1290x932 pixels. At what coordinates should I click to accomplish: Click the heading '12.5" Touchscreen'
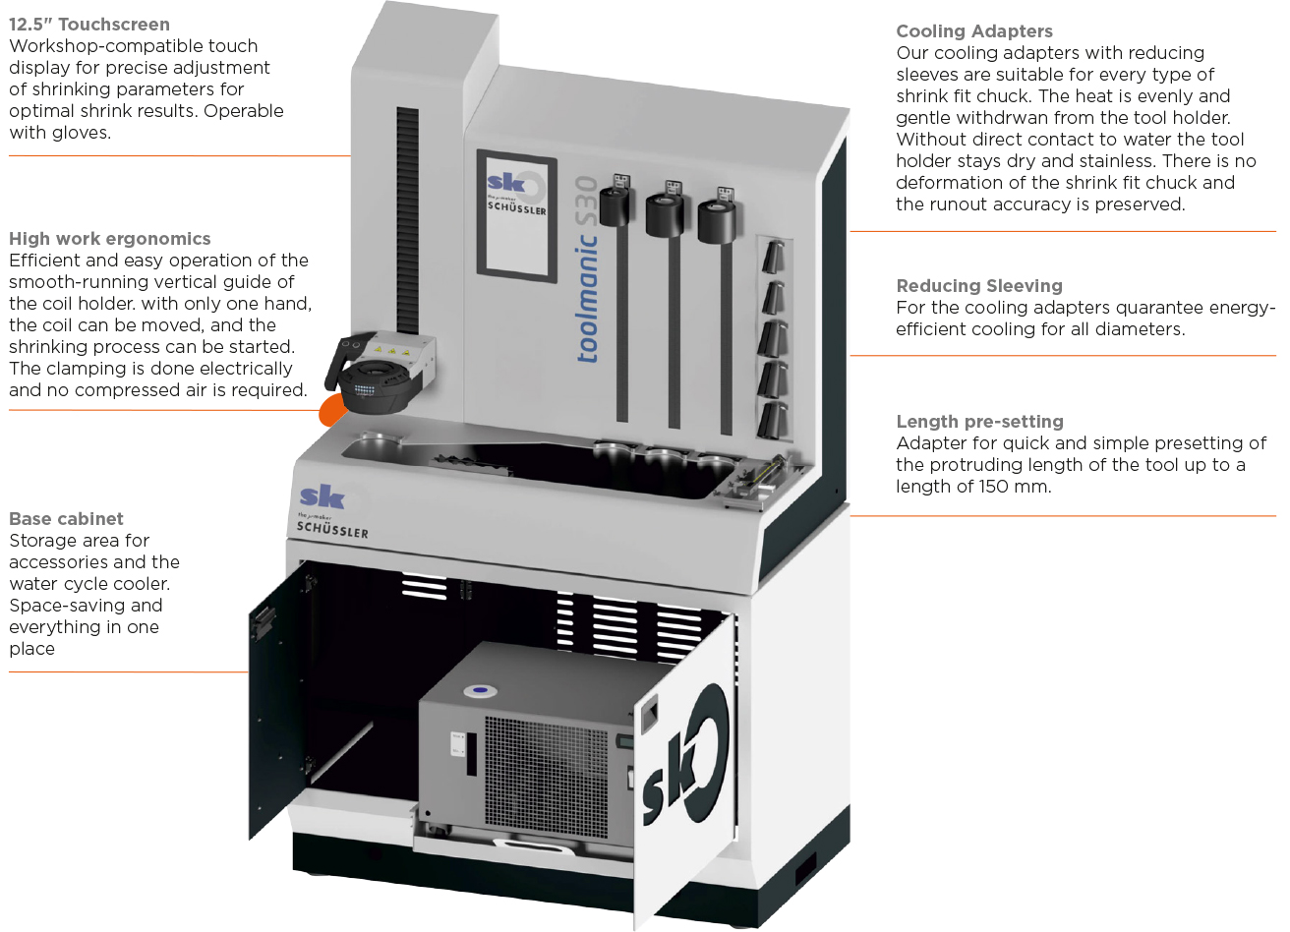tap(89, 25)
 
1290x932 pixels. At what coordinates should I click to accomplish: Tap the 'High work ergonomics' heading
tap(109, 238)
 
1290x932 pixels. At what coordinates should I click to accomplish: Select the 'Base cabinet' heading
tap(66, 519)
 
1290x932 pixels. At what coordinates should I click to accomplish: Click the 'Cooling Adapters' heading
tap(973, 31)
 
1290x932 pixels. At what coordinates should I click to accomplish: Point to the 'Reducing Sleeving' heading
tap(979, 285)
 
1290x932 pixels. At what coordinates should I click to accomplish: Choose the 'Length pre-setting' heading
tap(979, 422)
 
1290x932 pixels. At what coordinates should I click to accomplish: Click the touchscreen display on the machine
tap(516, 216)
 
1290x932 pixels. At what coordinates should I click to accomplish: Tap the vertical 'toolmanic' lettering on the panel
tap(587, 298)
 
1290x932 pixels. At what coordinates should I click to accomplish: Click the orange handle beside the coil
tap(332, 409)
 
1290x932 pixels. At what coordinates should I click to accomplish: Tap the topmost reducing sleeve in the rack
tap(774, 257)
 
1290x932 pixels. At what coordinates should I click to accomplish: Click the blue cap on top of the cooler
tap(481, 690)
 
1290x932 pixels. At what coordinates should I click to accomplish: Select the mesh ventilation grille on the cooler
tap(546, 777)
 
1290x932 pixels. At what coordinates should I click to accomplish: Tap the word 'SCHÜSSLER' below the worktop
tap(332, 530)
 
